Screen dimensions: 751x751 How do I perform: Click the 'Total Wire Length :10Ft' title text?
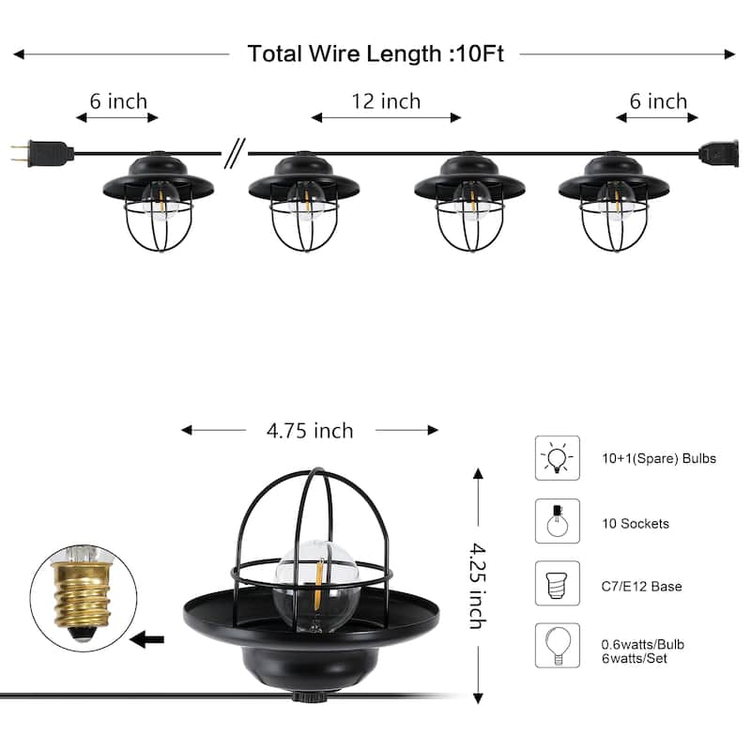(375, 54)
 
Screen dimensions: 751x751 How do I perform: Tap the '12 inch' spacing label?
(386, 100)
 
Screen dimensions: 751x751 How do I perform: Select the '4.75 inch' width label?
(309, 431)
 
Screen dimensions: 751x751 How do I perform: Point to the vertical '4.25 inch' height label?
(477, 585)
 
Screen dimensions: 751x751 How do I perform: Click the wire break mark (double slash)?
(234, 153)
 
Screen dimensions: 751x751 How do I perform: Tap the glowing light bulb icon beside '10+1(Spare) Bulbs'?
(558, 458)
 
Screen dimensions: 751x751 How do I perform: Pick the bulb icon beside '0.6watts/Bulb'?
(558, 646)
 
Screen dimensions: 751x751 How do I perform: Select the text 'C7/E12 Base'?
(642, 587)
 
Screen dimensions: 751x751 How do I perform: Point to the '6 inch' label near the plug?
(118, 100)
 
